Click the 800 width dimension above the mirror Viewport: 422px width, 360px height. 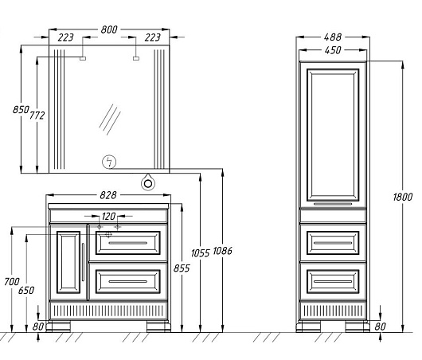coord(109,29)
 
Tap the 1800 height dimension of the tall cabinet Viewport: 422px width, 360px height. coord(403,197)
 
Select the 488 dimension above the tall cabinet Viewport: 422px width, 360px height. coord(333,37)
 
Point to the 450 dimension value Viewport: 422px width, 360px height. coord(333,50)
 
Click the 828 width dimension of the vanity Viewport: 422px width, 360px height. coord(108,195)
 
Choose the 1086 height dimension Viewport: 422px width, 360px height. coord(222,251)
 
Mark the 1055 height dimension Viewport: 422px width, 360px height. coord(200,253)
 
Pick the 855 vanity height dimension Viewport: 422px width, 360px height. coord(182,268)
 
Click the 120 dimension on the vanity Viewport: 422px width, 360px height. coord(108,216)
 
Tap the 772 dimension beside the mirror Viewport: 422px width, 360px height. coord(37,115)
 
